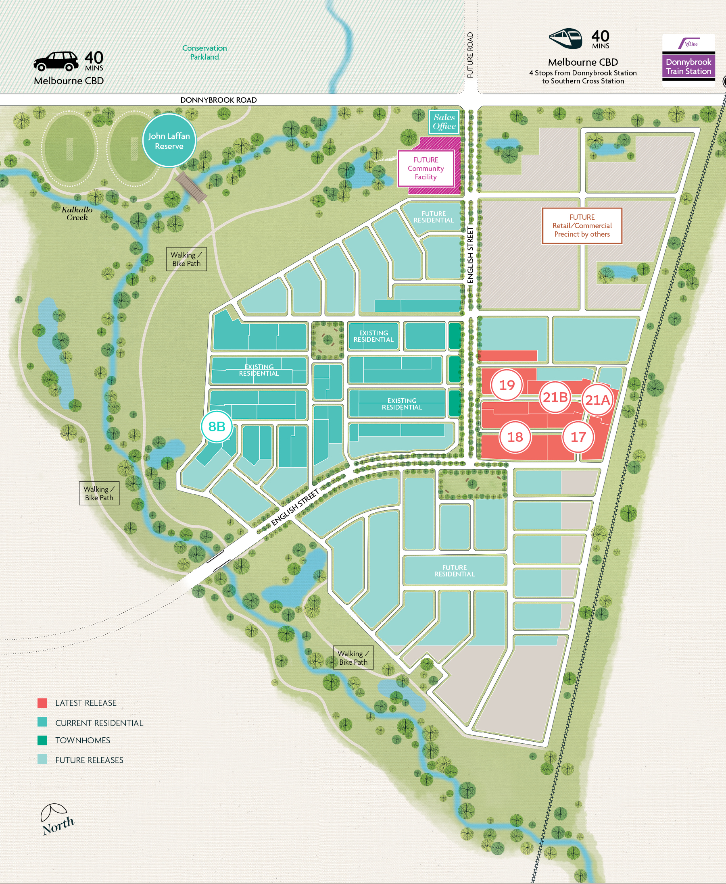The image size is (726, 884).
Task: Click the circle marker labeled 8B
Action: pyautogui.click(x=217, y=426)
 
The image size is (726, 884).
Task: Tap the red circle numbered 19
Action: pyautogui.click(x=507, y=385)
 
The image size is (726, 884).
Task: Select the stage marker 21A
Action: pyautogui.click(x=598, y=400)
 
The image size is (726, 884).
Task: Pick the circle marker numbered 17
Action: pyautogui.click(x=578, y=437)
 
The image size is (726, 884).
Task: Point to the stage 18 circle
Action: pyautogui.click(x=515, y=437)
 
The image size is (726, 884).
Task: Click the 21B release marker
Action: pyautogui.click(x=555, y=397)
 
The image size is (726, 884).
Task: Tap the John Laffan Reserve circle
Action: pyautogui.click(x=169, y=141)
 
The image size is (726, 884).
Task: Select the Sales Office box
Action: pyautogui.click(x=444, y=122)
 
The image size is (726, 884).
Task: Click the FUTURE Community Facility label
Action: pyautogui.click(x=426, y=168)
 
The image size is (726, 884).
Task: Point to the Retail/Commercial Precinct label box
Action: pyautogui.click(x=582, y=226)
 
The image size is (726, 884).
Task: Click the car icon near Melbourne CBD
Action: pyautogui.click(x=56, y=61)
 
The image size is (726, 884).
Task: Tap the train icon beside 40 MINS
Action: pyautogui.click(x=565, y=38)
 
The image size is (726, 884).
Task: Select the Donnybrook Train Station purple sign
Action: pyautogui.click(x=688, y=66)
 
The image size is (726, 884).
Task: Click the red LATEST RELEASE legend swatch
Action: pyautogui.click(x=42, y=703)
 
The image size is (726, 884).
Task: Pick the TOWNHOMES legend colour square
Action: pyautogui.click(x=42, y=740)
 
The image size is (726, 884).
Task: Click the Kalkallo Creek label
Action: pyautogui.click(x=77, y=213)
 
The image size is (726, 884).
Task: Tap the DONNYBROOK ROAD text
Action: pyautogui.click(x=218, y=100)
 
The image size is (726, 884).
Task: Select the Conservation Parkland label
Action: pyautogui.click(x=204, y=53)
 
